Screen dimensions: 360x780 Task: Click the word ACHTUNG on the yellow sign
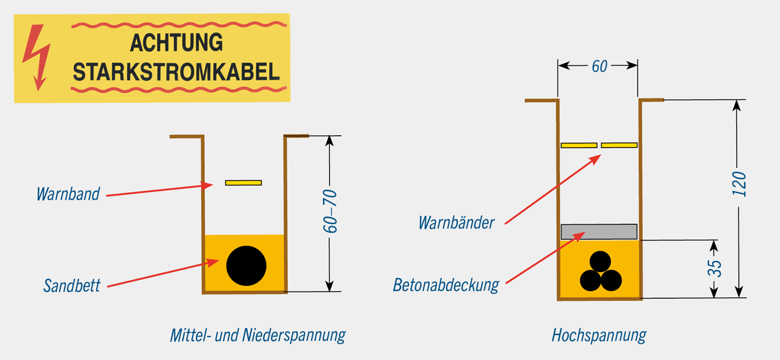click(176, 43)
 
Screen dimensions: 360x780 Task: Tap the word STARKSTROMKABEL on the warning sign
click(176, 72)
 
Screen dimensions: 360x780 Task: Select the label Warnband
click(68, 194)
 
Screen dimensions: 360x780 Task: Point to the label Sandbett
click(72, 285)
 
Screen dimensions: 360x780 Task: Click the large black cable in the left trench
click(246, 266)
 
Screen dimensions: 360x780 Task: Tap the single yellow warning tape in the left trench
click(243, 183)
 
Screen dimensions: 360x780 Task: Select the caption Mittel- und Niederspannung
click(257, 335)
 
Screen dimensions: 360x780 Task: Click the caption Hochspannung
click(599, 335)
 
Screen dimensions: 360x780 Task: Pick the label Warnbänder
click(456, 223)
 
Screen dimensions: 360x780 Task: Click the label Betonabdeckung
click(446, 285)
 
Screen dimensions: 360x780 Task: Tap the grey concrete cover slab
click(599, 231)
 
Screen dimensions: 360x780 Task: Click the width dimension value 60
click(599, 67)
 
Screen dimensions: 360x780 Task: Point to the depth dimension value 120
click(738, 184)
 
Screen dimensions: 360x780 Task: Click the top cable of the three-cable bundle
click(601, 261)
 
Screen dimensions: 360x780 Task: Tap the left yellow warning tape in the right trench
click(579, 145)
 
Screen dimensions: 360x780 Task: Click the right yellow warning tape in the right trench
click(619, 145)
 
